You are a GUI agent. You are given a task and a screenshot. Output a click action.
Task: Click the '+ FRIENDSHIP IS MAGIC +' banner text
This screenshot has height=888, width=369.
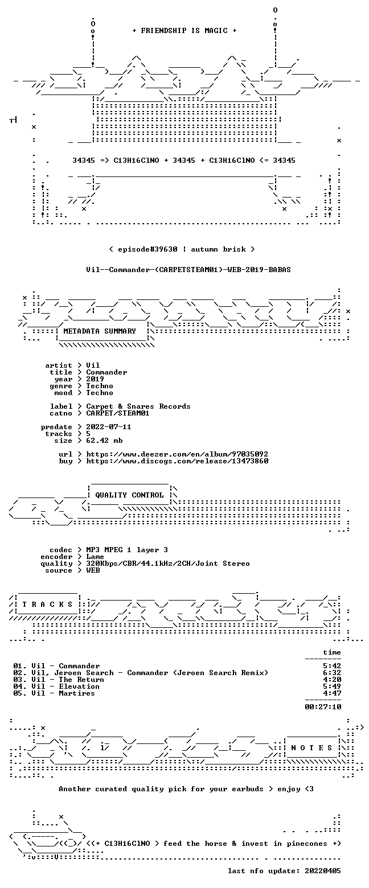(x=184, y=31)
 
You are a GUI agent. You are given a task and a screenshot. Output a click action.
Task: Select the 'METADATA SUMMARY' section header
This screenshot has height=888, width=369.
(x=100, y=331)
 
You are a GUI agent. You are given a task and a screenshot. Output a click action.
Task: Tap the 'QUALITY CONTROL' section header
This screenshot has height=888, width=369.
(x=129, y=495)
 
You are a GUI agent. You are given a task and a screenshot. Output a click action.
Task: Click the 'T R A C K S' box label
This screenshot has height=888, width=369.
(x=48, y=604)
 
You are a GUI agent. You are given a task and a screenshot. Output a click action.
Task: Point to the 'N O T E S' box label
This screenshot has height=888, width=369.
(x=312, y=747)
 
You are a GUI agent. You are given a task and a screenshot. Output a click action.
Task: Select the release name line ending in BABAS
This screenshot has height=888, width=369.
(x=188, y=270)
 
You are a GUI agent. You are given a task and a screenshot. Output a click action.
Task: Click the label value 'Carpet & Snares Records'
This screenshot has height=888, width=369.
(x=138, y=406)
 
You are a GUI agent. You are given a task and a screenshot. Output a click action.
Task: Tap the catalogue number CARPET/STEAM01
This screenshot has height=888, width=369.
(x=118, y=413)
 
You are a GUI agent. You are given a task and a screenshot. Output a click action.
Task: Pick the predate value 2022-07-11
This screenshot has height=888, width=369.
(x=109, y=427)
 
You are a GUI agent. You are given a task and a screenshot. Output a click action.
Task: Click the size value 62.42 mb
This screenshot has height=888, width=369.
(x=104, y=441)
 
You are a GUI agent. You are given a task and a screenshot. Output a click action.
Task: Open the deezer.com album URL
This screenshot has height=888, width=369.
(x=177, y=454)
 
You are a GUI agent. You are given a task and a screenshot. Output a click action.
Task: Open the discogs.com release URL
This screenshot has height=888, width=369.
(x=177, y=461)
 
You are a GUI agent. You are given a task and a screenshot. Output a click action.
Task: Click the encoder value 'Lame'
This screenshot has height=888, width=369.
(x=95, y=557)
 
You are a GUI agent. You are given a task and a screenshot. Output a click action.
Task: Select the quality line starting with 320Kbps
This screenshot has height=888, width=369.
(x=168, y=564)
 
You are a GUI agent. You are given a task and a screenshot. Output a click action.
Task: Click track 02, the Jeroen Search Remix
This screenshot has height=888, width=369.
(x=141, y=673)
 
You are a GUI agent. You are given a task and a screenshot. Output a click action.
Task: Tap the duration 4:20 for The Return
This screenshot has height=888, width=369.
(x=332, y=680)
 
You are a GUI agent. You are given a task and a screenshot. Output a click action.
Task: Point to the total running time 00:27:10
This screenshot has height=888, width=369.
(x=323, y=707)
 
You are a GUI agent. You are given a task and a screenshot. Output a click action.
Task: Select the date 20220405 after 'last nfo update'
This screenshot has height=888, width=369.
(x=323, y=871)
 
